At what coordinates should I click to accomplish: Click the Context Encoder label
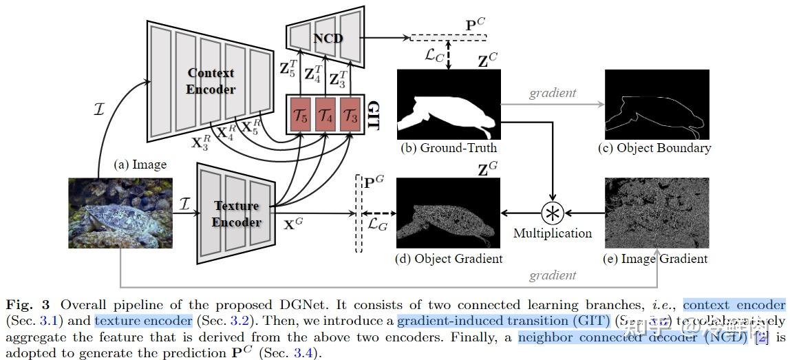[211, 81]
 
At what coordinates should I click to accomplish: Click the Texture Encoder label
[236, 213]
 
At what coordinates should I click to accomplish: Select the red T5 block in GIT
[301, 115]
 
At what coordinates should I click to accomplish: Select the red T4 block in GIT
[325, 115]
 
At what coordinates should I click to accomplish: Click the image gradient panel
[656, 213]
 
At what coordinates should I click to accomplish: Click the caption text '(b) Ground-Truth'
[449, 147]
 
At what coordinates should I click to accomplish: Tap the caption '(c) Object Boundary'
[656, 147]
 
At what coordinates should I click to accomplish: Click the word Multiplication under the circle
[553, 233]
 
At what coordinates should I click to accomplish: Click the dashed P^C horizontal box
[447, 37]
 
